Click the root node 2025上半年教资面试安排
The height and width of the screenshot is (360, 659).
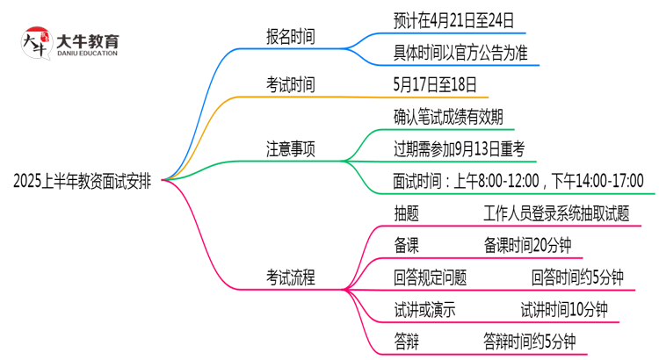[x=82, y=181]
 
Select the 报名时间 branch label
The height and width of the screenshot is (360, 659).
[x=291, y=37]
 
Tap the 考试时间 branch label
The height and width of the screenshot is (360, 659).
[x=291, y=85]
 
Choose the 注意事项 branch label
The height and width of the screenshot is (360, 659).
[x=291, y=149]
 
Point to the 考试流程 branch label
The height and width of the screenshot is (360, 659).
[x=291, y=277]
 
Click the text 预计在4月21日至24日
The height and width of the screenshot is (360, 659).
[x=454, y=18]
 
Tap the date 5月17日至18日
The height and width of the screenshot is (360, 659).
[x=436, y=85]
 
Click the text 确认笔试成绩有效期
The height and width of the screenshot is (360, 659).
[x=448, y=117]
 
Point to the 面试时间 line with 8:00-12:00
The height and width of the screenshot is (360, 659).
[x=518, y=181]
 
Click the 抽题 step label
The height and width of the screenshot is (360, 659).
[x=406, y=213]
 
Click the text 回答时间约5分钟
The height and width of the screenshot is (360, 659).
[x=577, y=277]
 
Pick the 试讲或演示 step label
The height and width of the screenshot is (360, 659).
[x=424, y=309]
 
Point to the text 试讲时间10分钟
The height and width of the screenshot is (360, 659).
[x=563, y=309]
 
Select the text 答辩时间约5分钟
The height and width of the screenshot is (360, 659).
[x=529, y=341]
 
